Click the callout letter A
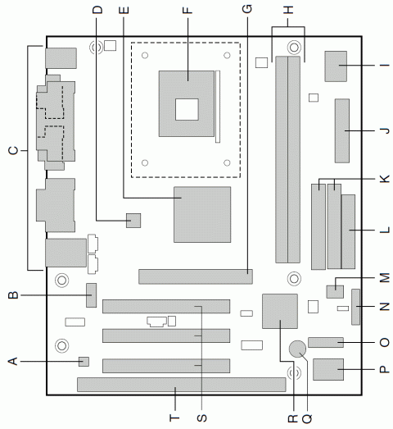coord(13,362)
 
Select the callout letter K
coord(384,179)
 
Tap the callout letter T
coord(174,418)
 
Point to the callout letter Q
coord(307,418)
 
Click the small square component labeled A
coord(84,362)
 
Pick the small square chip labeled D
coord(133,221)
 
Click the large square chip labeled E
coord(202,215)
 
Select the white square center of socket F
coord(187,109)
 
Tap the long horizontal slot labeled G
coord(196,276)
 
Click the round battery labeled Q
coord(297,349)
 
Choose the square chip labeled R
coord(280,311)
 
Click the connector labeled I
coord(336,66)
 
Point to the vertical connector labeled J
coord(342,130)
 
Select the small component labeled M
coord(335,292)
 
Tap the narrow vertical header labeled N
coord(355,307)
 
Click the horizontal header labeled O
coord(326,343)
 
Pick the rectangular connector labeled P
coord(328,369)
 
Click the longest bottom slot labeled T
coord(182,385)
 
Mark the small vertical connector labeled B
coord(92,295)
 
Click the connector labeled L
coord(348,232)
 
